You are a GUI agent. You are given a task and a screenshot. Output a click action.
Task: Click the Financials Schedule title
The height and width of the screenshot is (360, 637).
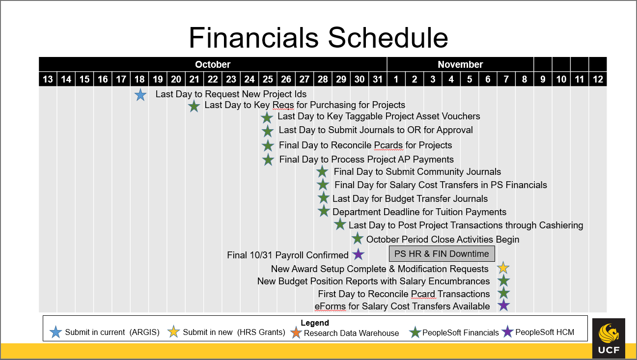coord(318,37)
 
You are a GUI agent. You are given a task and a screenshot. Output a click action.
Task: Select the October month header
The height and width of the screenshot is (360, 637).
coord(212,64)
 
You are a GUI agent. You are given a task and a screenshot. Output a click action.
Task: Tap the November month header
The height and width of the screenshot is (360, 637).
coord(460,64)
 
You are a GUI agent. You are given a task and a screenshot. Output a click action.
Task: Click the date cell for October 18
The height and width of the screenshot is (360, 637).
coord(139,79)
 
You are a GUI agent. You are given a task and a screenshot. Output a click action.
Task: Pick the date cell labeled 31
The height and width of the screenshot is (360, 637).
coord(378,79)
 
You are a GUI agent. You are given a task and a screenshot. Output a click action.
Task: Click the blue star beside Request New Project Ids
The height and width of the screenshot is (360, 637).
coord(140,95)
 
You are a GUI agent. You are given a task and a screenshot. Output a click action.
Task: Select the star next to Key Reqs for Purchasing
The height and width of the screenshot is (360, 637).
coord(194,106)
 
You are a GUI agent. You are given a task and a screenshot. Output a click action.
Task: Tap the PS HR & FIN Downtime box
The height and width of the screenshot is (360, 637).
coord(442,254)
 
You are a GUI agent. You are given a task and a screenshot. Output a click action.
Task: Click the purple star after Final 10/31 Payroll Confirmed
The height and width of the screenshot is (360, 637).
coord(358,254)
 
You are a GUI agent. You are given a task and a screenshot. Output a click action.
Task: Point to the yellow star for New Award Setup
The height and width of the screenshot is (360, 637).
coord(503,268)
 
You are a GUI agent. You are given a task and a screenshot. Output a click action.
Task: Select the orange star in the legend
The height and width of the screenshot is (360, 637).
coord(296,332)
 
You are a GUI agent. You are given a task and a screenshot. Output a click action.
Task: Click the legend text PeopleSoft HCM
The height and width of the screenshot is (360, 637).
coord(544,332)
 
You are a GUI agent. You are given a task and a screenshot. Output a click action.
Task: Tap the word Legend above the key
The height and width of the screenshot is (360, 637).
coord(315,323)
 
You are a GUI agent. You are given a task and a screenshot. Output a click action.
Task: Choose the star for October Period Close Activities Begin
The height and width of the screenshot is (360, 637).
coord(358,239)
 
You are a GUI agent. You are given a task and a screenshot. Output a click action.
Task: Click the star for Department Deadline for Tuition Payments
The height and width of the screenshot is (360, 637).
coord(324,211)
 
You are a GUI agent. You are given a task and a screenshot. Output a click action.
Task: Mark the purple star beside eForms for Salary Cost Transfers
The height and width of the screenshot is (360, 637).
coord(503,305)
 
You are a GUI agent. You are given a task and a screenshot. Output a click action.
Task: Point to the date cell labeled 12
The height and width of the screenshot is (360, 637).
coord(598,79)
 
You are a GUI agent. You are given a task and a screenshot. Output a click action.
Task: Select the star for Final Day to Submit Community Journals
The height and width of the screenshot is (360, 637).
coord(322,171)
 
